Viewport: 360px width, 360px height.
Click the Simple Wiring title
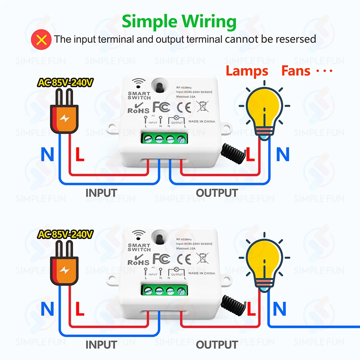(x=179, y=22)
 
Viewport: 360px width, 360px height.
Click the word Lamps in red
(x=247, y=71)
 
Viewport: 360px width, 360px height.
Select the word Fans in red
(x=296, y=71)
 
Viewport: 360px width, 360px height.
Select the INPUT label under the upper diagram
(x=102, y=193)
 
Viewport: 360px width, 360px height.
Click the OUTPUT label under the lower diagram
(x=217, y=345)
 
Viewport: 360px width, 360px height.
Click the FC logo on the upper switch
(x=161, y=107)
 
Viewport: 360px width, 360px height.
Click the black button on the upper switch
(x=159, y=86)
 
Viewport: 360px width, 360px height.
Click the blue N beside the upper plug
(x=46, y=155)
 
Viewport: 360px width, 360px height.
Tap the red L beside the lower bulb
(x=250, y=308)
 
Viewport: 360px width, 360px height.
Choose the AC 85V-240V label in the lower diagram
(x=66, y=235)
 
